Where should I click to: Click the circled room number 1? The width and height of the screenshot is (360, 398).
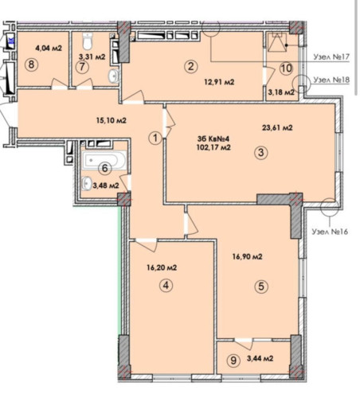click(x=155, y=137)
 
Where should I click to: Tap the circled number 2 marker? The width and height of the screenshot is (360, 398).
click(x=190, y=67)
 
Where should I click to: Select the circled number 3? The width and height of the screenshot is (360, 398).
click(x=260, y=154)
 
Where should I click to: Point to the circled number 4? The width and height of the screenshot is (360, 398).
click(x=165, y=285)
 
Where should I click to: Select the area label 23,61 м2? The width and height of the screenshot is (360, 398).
click(x=276, y=127)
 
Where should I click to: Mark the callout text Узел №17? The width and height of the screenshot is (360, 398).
click(x=333, y=58)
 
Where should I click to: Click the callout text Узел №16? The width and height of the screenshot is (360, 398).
click(x=333, y=231)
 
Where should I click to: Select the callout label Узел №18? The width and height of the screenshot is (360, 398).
click(x=333, y=80)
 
